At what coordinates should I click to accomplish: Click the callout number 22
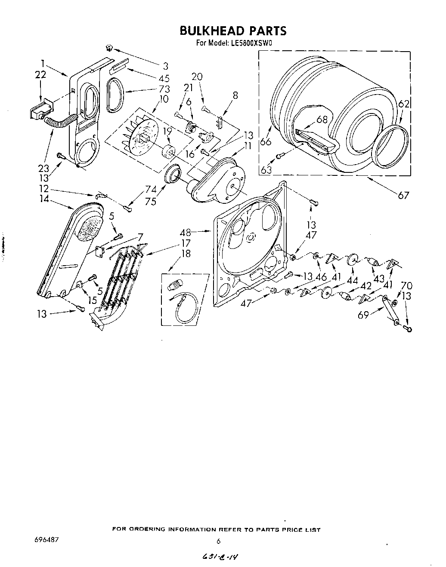coord(40,75)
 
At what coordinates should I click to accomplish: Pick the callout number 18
coord(186,253)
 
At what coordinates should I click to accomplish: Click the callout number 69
coord(364,315)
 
